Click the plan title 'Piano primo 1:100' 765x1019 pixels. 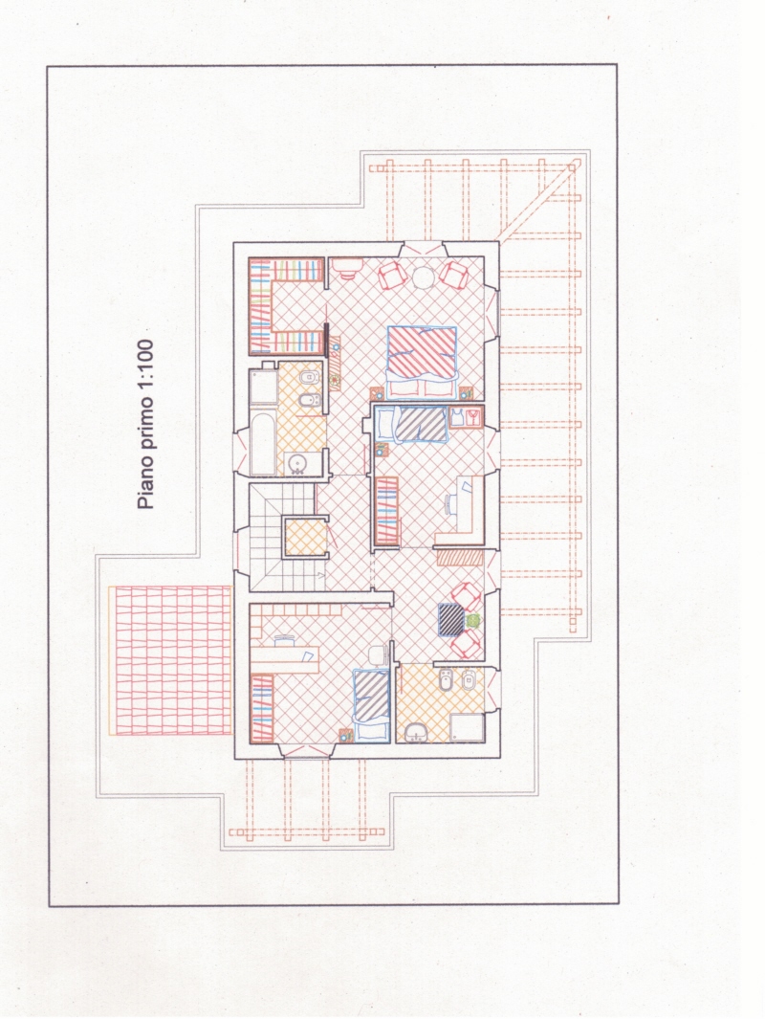tap(146, 425)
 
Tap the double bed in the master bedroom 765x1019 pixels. tap(422, 362)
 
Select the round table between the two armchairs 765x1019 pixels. tap(423, 277)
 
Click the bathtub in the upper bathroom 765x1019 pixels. tap(263, 443)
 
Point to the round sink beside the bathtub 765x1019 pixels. tap(296, 463)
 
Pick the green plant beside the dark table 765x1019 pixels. tap(472, 621)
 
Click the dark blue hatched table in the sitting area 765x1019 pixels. tap(450, 620)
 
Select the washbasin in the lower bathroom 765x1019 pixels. tap(415, 733)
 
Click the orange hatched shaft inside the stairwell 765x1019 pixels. tap(305, 537)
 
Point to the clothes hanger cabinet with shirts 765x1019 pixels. tap(467, 416)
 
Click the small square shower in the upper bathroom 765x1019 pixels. tap(263, 388)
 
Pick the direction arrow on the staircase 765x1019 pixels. tap(320, 574)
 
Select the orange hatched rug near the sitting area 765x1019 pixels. tap(460, 557)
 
